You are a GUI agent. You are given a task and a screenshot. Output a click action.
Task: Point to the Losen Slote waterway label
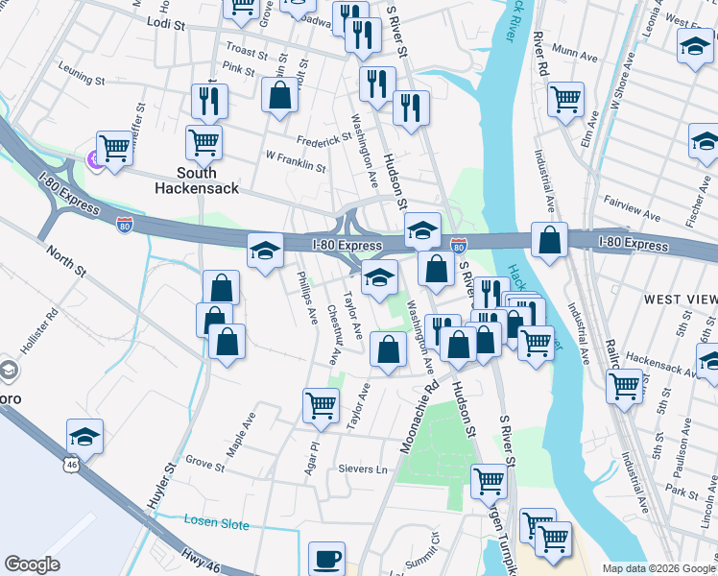216,524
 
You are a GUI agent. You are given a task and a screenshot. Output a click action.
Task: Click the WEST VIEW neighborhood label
680,300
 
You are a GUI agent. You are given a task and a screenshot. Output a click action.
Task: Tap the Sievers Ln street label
362,469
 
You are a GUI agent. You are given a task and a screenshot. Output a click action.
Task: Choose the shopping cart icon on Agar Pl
321,404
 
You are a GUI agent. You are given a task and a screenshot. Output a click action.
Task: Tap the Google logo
33,564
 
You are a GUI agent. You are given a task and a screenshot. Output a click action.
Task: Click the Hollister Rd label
41,322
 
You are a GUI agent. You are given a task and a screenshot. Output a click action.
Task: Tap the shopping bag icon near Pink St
279,96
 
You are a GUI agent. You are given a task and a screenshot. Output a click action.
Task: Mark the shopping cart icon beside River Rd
566,98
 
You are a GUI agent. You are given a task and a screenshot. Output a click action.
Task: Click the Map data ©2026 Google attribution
658,567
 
